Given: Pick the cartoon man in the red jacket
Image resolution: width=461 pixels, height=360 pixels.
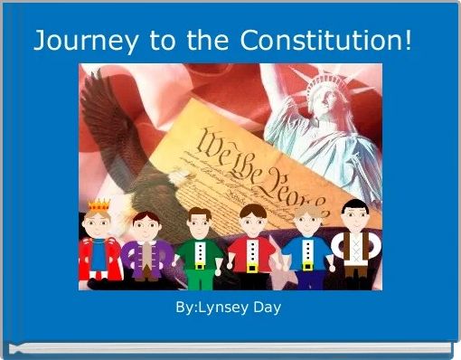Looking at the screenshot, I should tap(251, 250).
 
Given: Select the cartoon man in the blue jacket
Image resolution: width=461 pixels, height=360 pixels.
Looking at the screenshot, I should tap(305, 250).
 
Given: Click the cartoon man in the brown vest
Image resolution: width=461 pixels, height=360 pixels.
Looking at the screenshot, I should tap(354, 248).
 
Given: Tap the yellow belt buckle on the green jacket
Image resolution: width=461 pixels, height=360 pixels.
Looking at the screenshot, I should tap(200, 266).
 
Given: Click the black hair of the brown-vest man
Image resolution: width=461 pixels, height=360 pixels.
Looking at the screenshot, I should tap(354, 207).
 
